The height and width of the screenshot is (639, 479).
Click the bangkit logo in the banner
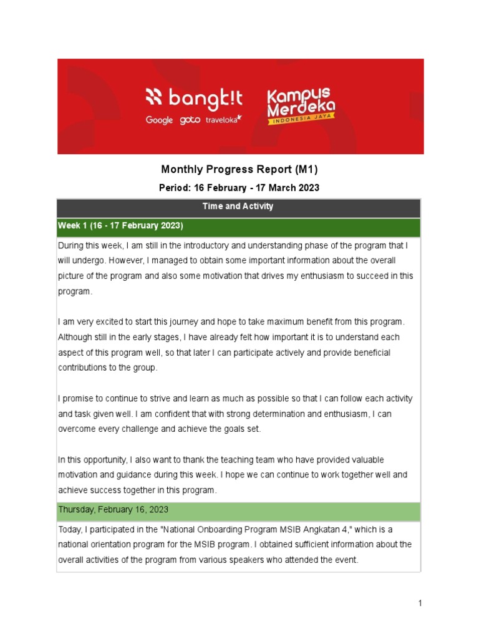pyautogui.click(x=193, y=98)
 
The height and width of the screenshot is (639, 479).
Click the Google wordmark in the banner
pyautogui.click(x=159, y=120)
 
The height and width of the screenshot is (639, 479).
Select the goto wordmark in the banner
pyautogui.click(x=190, y=120)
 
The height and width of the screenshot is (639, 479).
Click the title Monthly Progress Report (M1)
pyautogui.click(x=240, y=169)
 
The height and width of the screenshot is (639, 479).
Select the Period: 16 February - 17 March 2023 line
pyautogui.click(x=240, y=188)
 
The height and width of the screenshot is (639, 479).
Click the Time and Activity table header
pyautogui.click(x=239, y=207)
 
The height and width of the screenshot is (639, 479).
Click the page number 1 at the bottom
pyautogui.click(x=420, y=603)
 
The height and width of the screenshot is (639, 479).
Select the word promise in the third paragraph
pyautogui.click(x=78, y=398)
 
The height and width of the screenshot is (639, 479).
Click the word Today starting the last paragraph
pyautogui.click(x=70, y=529)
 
